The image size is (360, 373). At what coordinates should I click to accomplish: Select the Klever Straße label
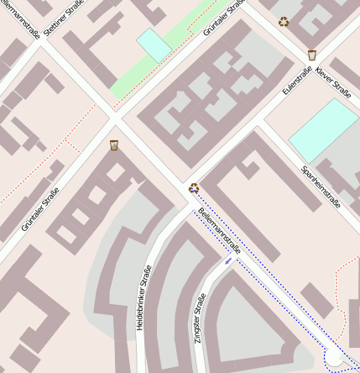coord(335,87)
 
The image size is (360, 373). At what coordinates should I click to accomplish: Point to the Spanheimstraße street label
coord(321,185)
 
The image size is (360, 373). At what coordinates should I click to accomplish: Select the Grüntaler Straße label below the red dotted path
coord(40,209)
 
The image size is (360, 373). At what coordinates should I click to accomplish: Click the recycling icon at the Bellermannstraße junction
coord(194,188)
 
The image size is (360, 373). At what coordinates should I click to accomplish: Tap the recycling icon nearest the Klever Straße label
coord(284,22)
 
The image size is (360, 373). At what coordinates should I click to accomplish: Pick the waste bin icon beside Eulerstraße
coord(312,55)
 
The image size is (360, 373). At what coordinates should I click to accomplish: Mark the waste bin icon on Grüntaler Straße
coord(114,146)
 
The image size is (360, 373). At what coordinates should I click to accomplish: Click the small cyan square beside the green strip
coord(154,45)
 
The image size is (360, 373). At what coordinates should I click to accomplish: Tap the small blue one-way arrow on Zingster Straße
coord(228,261)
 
